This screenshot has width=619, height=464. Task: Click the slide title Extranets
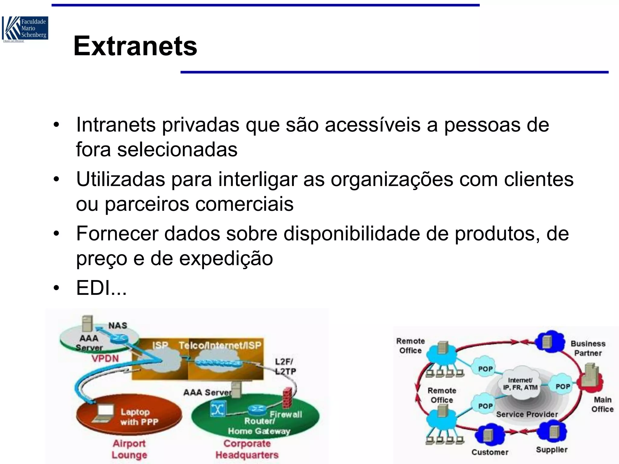[135, 46]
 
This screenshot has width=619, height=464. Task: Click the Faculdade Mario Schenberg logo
[25, 29]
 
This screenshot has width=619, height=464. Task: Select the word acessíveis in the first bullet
[372, 125]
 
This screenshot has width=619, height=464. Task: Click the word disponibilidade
[352, 234]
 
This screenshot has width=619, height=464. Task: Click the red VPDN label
[105, 359]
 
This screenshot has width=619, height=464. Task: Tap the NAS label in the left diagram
[118, 326]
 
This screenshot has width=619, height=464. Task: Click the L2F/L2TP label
[285, 366]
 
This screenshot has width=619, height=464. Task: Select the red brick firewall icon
[287, 397]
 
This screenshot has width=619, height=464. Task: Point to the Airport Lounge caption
[129, 449]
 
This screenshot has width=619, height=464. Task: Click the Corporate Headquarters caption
[247, 449]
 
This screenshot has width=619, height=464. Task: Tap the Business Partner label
[588, 348]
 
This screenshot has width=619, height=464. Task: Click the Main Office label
[602, 404]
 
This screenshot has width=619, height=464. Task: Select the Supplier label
[552, 450]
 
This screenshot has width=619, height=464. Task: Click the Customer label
[490, 452]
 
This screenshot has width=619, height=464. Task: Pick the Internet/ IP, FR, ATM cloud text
[520, 384]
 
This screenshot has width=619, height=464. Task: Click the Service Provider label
[527, 414]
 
